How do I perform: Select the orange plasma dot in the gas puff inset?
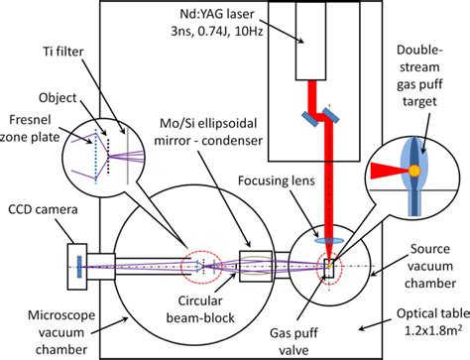coord(411,172)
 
